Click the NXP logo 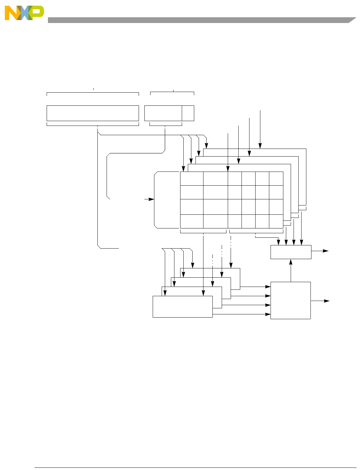click(x=24, y=13)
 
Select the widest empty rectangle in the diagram click(x=93, y=113)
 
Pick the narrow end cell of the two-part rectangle click(x=188, y=113)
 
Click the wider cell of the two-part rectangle click(x=163, y=113)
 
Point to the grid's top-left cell click(x=192, y=179)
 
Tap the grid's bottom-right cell click(x=276, y=221)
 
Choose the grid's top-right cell click(x=276, y=179)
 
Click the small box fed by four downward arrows click(x=291, y=252)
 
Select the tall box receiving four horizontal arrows click(x=290, y=300)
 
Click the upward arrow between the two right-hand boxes click(x=291, y=270)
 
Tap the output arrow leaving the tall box click(x=320, y=301)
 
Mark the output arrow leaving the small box click(x=320, y=251)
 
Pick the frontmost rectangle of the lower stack click(x=182, y=307)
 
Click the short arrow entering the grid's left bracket click(x=149, y=199)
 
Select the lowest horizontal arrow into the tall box click(x=241, y=314)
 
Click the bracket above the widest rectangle click(x=93, y=93)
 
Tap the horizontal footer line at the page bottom click(x=195, y=468)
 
